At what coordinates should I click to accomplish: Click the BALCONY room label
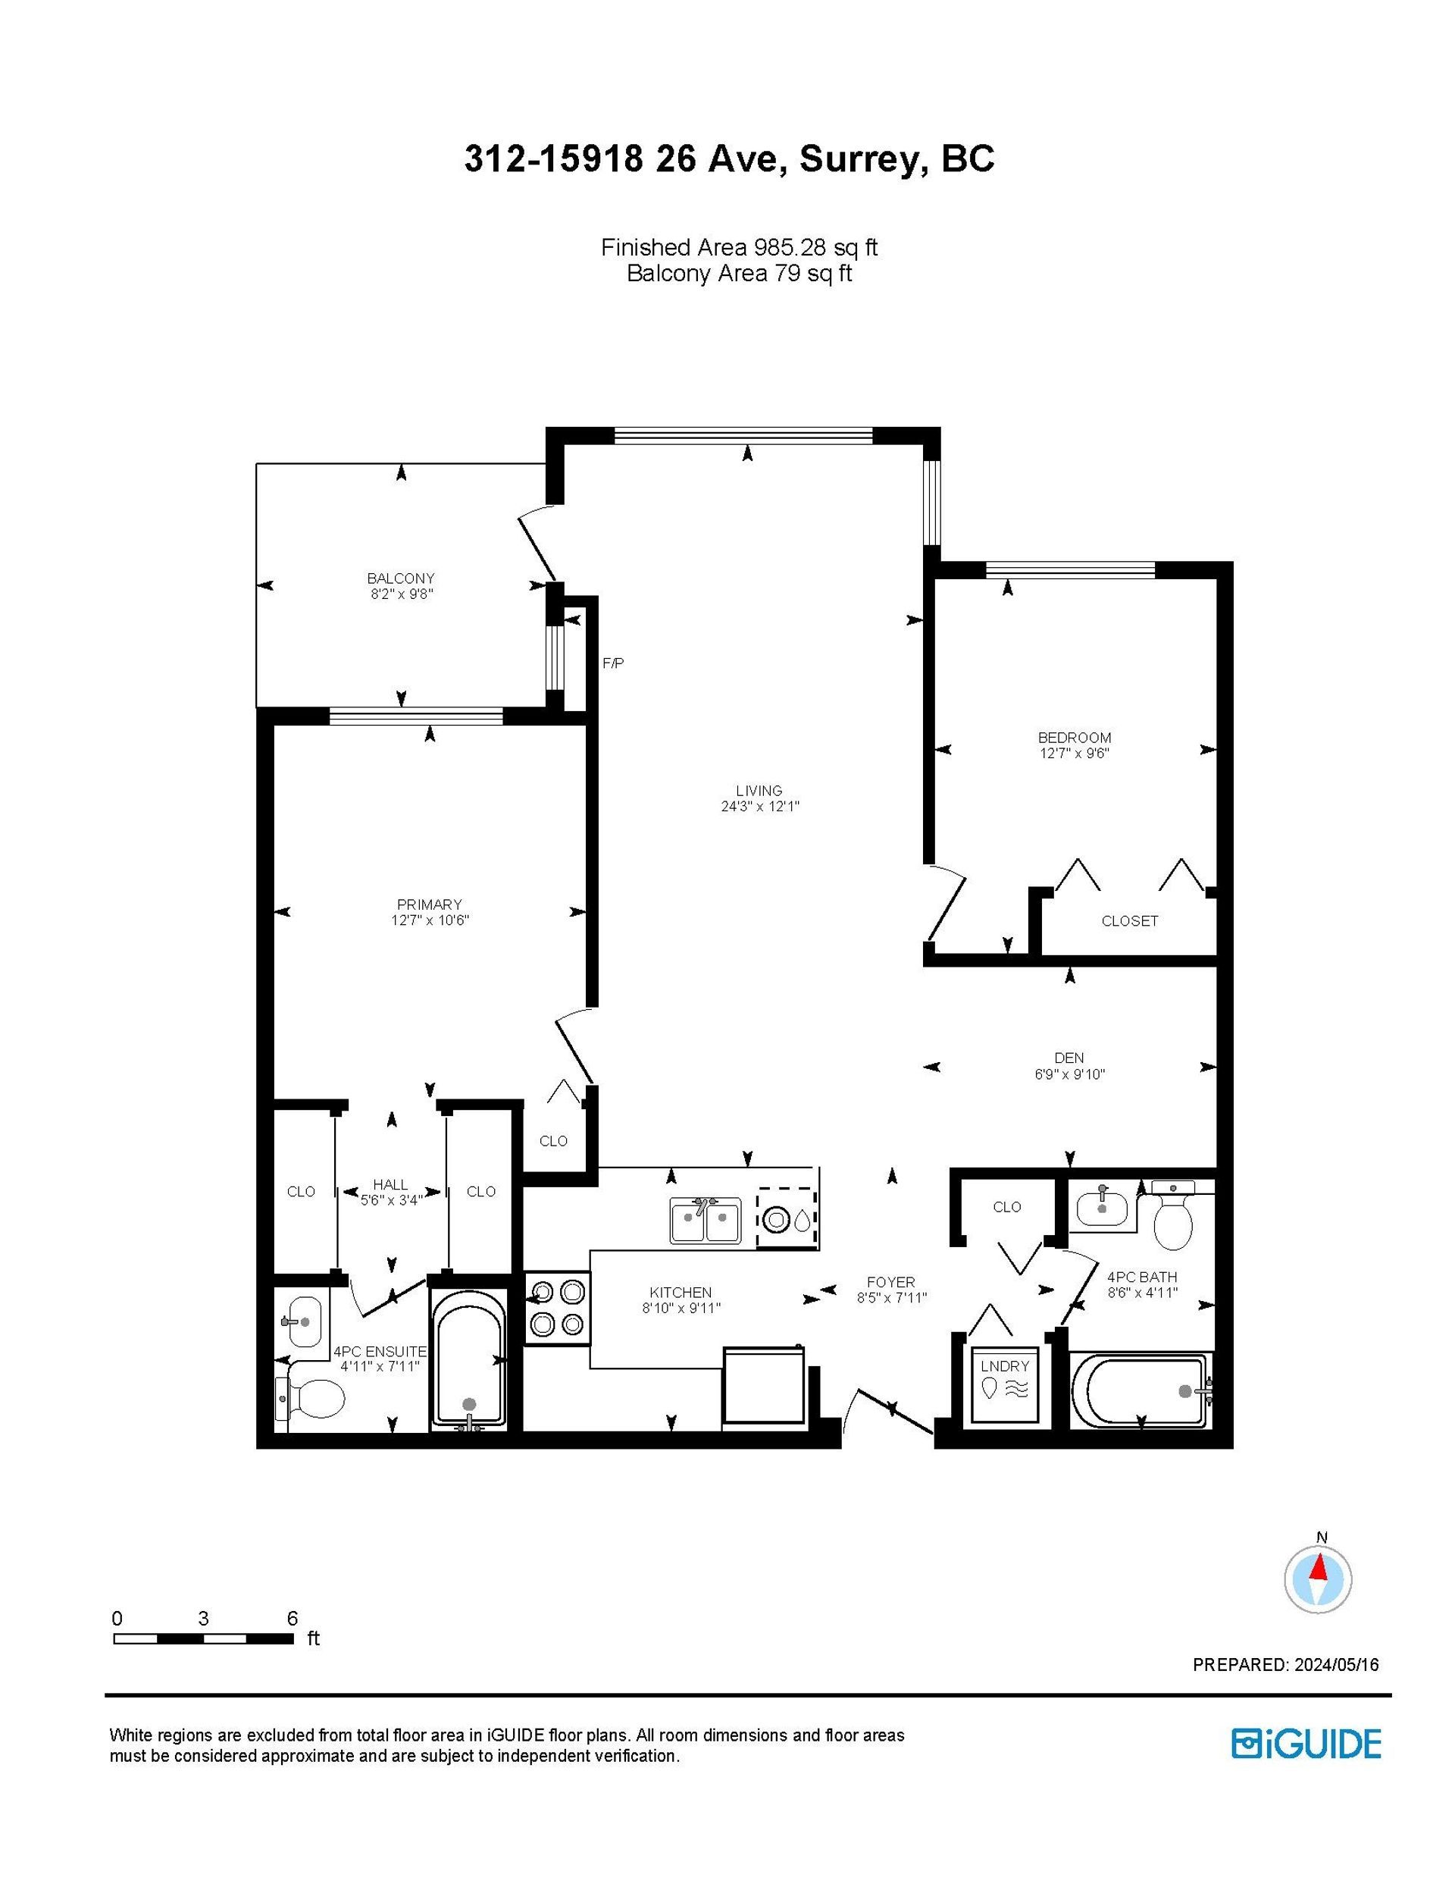[401, 578]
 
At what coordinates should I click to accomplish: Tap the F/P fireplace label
[612, 663]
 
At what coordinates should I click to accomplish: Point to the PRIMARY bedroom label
[430, 904]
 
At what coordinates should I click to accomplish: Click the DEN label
[1069, 1058]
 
